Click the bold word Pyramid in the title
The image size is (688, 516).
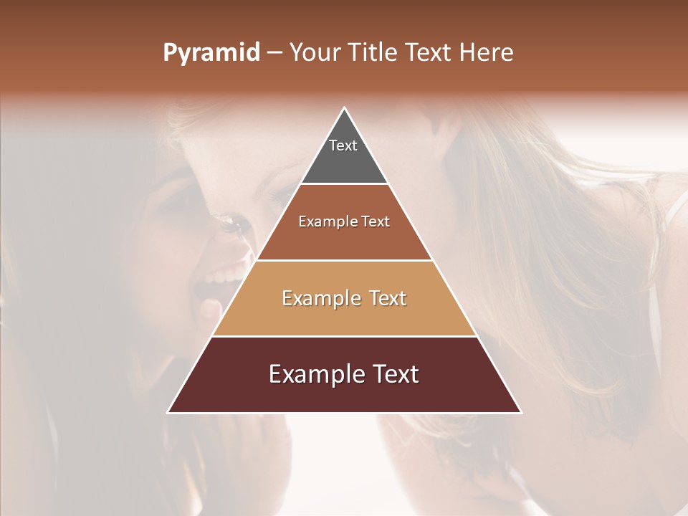click(211, 53)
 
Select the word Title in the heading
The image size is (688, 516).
click(378, 53)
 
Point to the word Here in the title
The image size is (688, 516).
click(487, 53)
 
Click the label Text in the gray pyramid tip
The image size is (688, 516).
click(343, 145)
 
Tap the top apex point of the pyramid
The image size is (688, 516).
click(345, 108)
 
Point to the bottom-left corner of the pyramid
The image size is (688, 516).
click(168, 412)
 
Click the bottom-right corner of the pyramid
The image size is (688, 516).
click(521, 412)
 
